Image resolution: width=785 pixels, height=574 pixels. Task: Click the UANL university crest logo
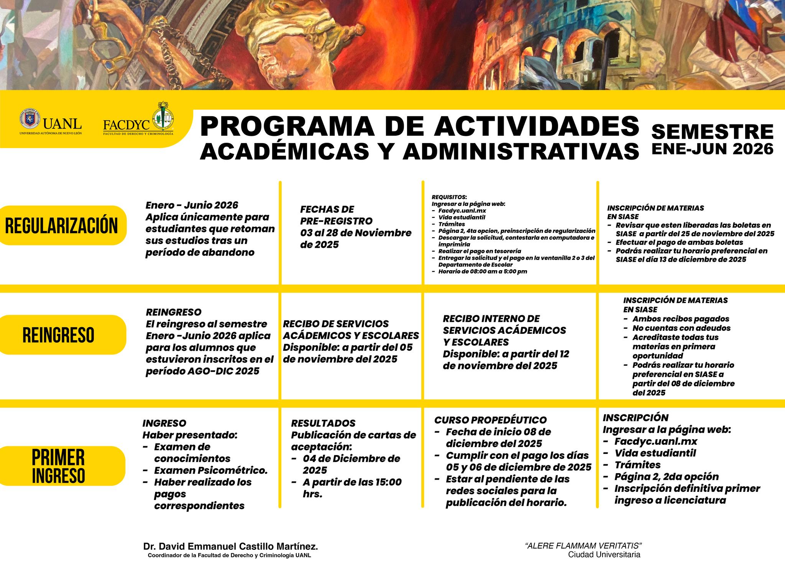pyautogui.click(x=30, y=119)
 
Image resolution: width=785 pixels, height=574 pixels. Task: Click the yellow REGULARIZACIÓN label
pyautogui.click(x=61, y=225)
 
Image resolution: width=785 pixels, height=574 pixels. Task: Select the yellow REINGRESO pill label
pyautogui.click(x=58, y=335)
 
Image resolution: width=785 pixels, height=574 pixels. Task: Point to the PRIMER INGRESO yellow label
pyautogui.click(x=58, y=466)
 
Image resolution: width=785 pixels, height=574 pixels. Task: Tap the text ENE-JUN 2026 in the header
pyautogui.click(x=712, y=149)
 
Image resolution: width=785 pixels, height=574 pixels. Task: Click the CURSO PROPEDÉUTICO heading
pyautogui.click(x=490, y=420)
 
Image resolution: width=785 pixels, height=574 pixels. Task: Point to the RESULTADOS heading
pyautogui.click(x=323, y=423)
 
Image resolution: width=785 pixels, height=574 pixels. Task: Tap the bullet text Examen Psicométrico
pyautogui.click(x=210, y=470)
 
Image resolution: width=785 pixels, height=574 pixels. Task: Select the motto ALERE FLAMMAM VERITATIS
pyautogui.click(x=583, y=546)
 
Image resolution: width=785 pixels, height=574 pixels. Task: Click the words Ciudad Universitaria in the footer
pyautogui.click(x=604, y=554)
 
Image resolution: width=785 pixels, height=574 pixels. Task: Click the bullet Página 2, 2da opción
pyautogui.click(x=666, y=477)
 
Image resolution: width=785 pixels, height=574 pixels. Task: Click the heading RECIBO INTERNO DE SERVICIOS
pyautogui.click(x=504, y=324)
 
